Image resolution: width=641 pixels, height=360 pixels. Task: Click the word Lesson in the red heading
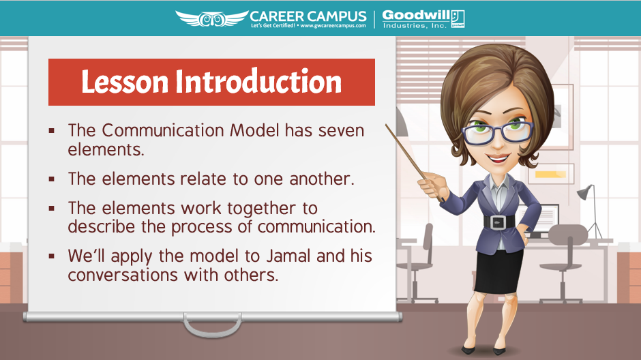coord(125,82)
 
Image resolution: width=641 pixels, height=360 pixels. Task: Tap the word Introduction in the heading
coord(258,82)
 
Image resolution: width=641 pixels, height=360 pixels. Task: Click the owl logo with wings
coord(212,18)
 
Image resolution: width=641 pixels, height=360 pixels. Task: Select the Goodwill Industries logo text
coord(423,19)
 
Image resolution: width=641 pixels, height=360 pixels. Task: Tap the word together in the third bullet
coord(262,209)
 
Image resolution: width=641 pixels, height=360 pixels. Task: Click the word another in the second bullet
coord(321,179)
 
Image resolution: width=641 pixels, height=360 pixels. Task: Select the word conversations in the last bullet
coord(123,275)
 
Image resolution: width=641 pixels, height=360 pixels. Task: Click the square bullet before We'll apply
coord(52,256)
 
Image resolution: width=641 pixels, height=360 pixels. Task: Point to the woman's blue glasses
coord(497,132)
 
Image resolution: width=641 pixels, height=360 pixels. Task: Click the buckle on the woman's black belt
coord(498,222)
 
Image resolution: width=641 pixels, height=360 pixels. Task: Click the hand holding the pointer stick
coord(433,185)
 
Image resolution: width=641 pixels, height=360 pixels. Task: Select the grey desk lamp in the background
coord(591,211)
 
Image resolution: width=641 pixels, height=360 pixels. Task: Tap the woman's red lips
coord(498,158)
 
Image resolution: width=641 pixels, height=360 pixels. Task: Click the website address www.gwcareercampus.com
coord(333,26)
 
